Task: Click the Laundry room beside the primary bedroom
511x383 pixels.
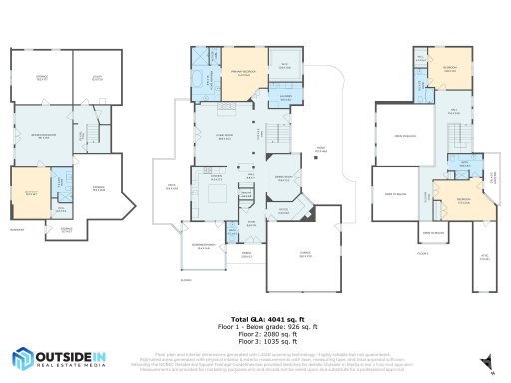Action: coord(286,97)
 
